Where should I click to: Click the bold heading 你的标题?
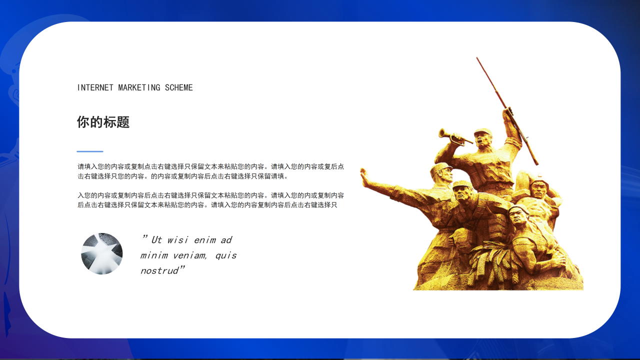tap(103, 122)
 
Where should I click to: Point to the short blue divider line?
tap(90, 151)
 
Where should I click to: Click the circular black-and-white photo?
tap(102, 253)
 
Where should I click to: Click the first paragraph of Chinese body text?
tap(210, 171)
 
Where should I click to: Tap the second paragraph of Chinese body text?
tap(210, 200)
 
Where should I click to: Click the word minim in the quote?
tap(153, 255)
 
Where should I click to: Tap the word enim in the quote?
tap(205, 240)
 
